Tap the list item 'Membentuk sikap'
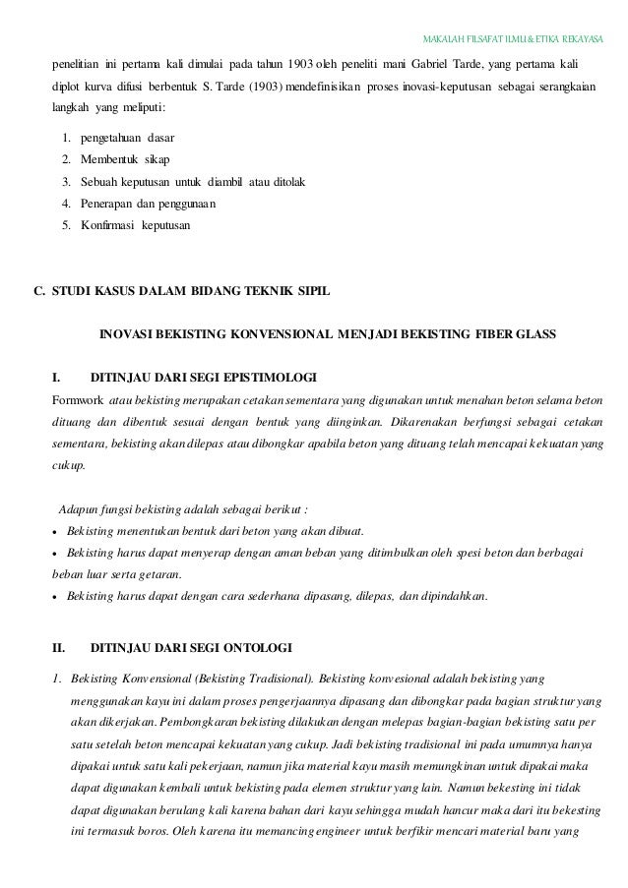(117, 159)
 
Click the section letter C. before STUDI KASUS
(40, 292)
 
